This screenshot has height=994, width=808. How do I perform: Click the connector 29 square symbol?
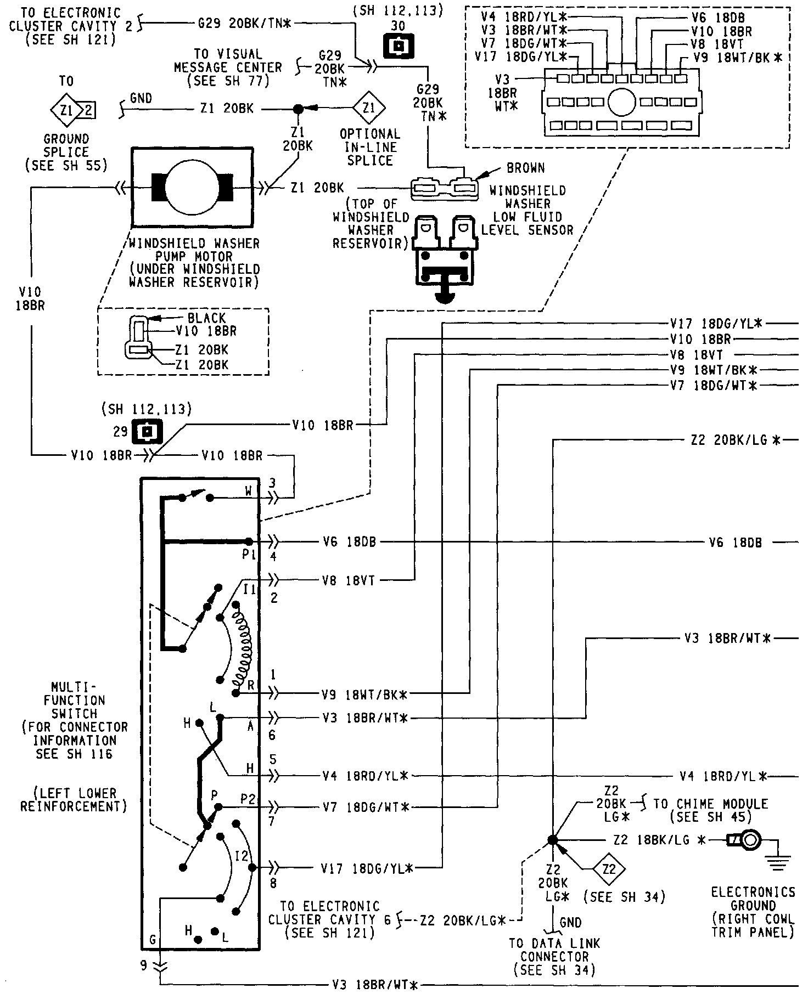(147, 432)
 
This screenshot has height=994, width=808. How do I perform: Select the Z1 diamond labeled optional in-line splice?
(369, 108)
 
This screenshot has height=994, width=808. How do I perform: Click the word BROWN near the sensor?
(525, 168)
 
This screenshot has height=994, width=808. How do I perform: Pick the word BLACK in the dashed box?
(206, 318)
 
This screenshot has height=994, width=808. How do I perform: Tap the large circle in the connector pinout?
(621, 102)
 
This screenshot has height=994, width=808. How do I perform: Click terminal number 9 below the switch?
(144, 965)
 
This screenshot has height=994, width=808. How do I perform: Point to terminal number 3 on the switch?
(272, 483)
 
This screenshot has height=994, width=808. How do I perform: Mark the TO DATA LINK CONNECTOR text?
(554, 957)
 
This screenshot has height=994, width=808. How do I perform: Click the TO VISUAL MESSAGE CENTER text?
(228, 67)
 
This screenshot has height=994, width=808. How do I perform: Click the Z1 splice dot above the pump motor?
(298, 109)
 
